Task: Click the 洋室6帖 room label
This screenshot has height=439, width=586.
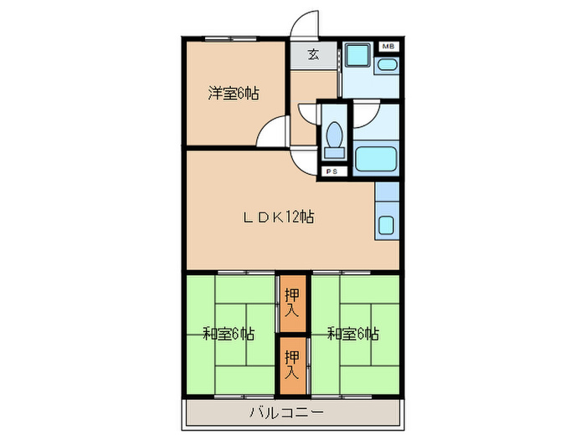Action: coord(233,94)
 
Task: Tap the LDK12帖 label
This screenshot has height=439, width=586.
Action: coord(279,217)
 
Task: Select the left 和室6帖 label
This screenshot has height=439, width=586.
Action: coord(229,334)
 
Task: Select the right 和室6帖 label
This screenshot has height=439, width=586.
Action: coord(352,334)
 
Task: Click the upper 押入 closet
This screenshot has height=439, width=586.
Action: coord(291,302)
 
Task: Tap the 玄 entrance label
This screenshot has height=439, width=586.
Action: coord(313,55)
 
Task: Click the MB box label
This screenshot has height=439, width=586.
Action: coord(388,47)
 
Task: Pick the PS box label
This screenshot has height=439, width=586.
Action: coord(332,172)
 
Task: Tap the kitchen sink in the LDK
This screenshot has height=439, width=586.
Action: coord(387,225)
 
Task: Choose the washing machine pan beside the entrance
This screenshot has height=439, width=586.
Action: coord(357,58)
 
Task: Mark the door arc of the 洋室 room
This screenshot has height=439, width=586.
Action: coord(271,131)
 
